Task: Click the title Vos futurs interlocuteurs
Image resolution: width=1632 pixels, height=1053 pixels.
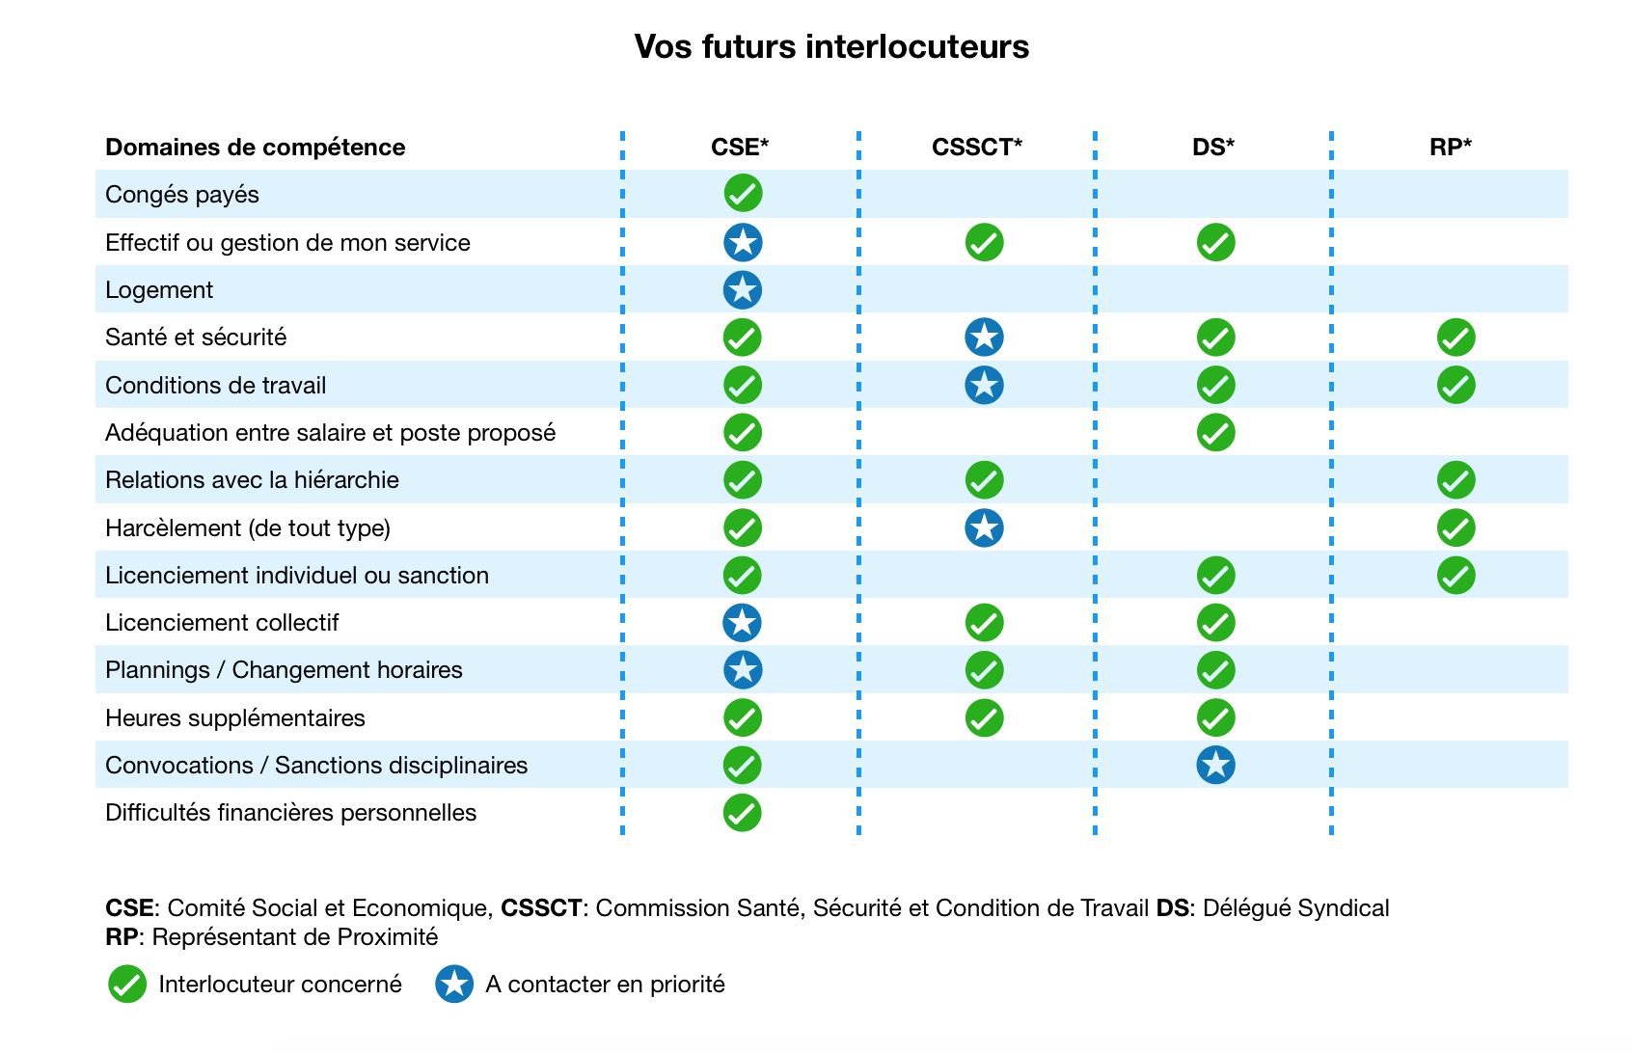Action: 831,46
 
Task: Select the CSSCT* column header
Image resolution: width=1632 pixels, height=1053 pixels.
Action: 976,147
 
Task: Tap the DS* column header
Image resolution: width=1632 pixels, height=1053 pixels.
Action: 1213,147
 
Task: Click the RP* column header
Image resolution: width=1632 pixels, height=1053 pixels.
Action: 1451,147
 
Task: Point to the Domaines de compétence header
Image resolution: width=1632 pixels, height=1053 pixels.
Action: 255,148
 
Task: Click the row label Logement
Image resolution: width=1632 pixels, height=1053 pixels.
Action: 159,290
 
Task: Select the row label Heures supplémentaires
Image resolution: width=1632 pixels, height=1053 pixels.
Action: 234,718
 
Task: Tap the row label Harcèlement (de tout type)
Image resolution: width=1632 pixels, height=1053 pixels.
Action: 248,528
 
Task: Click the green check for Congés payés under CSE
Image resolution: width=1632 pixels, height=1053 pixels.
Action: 743,193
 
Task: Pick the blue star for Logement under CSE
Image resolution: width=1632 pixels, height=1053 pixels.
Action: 743,290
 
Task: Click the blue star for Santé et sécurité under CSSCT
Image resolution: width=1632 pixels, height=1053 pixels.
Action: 984,337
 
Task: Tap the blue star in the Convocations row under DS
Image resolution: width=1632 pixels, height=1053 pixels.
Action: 1216,765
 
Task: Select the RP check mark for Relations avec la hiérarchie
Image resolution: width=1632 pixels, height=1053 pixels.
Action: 1456,480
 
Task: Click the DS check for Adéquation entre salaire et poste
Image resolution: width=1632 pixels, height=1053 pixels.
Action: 1216,433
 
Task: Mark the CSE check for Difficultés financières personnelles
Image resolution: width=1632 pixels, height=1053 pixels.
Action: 743,813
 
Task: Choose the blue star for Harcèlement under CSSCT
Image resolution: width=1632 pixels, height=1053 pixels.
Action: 984,528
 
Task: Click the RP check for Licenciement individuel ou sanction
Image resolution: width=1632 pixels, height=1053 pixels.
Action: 1456,576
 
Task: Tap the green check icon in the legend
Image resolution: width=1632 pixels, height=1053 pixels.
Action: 127,984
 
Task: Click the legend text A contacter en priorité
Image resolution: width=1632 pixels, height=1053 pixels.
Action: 606,985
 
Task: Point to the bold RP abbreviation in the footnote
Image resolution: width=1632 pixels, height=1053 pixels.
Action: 122,936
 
